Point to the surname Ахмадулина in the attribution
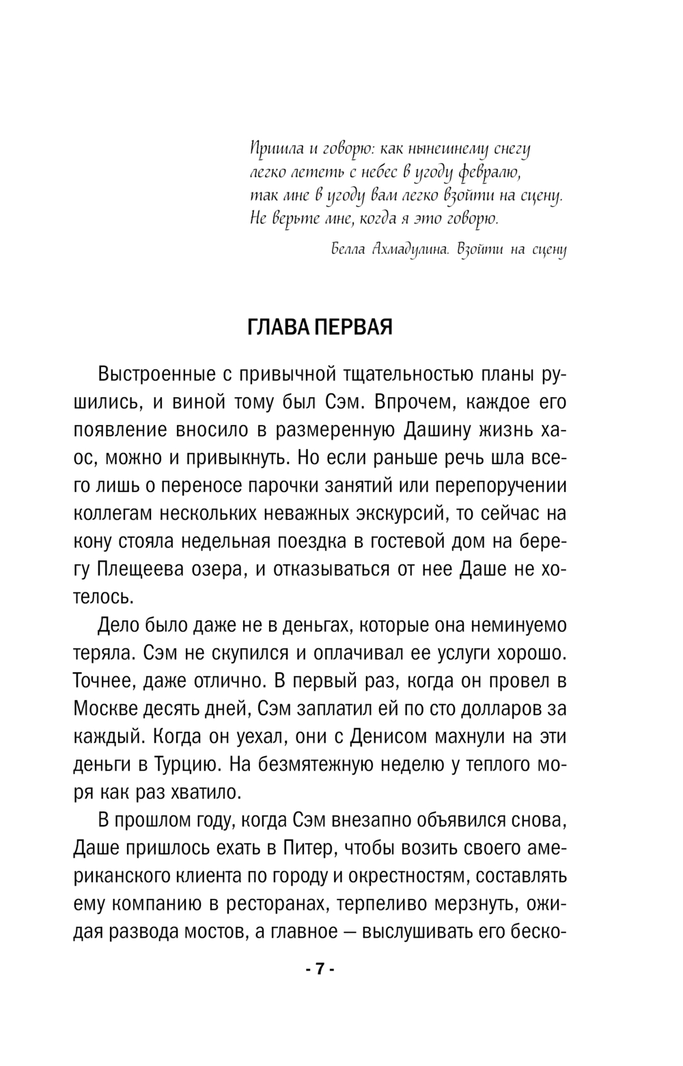tap(408, 250)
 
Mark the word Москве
tap(105, 709)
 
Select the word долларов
tap(492, 709)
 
